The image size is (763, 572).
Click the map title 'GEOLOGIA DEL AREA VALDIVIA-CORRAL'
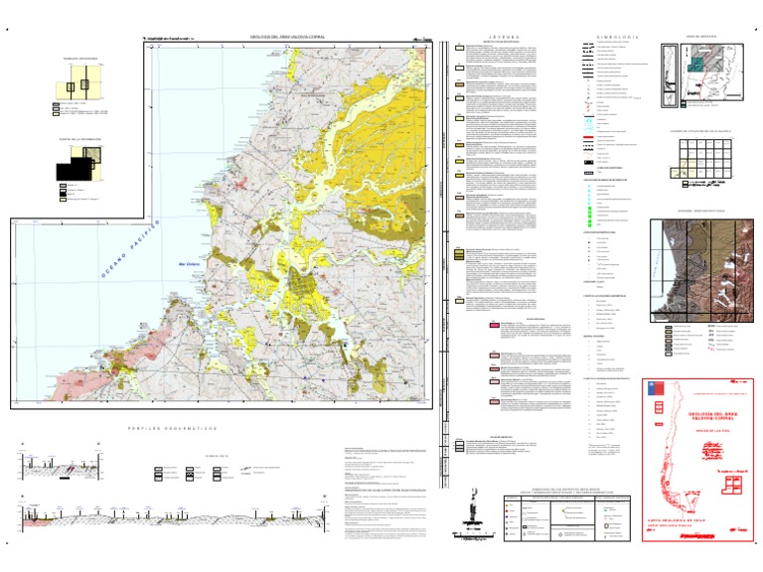point(289,40)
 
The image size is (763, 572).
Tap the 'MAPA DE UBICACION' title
point(701,37)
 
